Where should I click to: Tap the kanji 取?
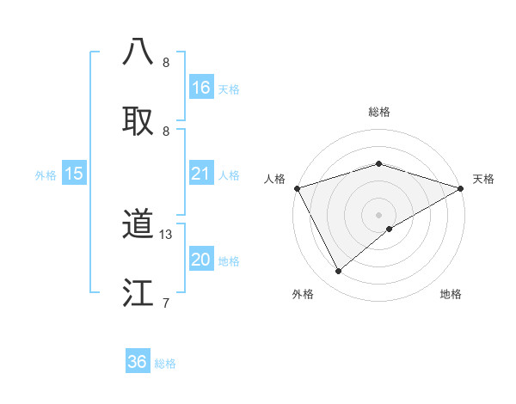[x=138, y=120]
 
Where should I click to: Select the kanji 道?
[x=138, y=224]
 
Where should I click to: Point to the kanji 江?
[x=138, y=292]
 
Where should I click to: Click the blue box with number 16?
[x=201, y=88]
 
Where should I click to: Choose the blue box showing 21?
[x=201, y=174]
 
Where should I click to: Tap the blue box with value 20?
[x=201, y=260]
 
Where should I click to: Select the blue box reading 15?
[x=74, y=174]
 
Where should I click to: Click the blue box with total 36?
[x=138, y=362]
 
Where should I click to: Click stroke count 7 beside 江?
[x=166, y=303]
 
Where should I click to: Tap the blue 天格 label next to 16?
[x=229, y=89]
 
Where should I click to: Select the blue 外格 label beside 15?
[x=46, y=175]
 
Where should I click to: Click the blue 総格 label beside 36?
[x=165, y=363]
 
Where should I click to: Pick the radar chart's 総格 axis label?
[x=378, y=112]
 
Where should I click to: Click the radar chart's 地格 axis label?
[x=451, y=294]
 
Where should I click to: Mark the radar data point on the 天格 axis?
[x=461, y=188]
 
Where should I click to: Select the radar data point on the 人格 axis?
[x=297, y=188]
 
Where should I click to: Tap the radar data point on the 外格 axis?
[x=339, y=271]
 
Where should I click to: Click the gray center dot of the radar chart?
[x=378, y=214]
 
